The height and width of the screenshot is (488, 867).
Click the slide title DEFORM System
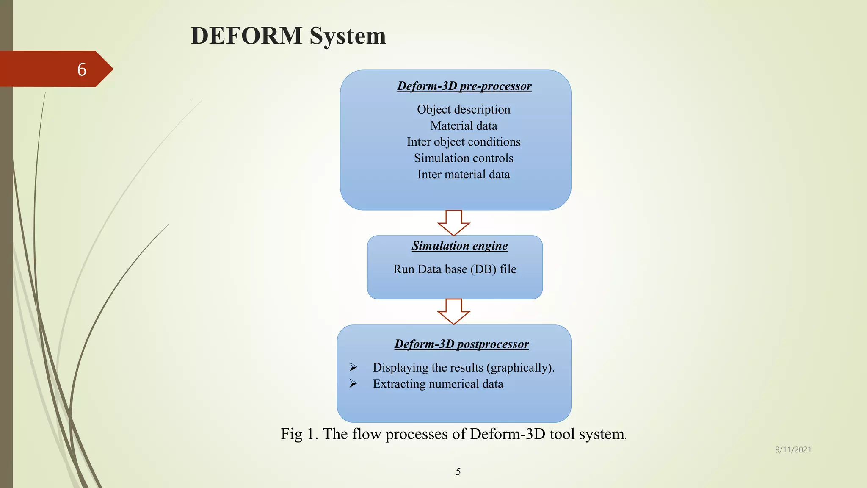pos(288,36)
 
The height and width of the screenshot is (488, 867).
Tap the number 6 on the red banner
pos(82,69)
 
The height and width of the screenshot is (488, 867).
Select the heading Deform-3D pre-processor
pos(464,86)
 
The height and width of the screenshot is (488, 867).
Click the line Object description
pos(464,109)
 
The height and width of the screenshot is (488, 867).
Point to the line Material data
pos(464,126)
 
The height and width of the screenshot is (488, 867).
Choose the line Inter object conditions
pos(464,142)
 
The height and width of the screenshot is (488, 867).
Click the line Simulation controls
pos(464,158)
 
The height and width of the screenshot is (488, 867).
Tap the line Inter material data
pos(464,175)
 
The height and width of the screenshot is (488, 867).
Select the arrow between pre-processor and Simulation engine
pos(454,223)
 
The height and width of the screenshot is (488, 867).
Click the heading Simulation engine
pos(460,246)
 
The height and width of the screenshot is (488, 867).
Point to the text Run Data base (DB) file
pos(455,269)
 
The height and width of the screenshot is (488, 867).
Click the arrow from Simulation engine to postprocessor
pos(454,312)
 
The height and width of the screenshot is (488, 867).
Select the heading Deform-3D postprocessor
pos(461,344)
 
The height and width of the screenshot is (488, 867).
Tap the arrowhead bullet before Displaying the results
pos(353,367)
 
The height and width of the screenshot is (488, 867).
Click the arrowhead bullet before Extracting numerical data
pos(353,383)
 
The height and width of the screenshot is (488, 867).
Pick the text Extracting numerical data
pos(438,384)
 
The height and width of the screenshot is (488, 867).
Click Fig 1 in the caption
pos(298,434)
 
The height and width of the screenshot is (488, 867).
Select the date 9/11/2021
pos(793,450)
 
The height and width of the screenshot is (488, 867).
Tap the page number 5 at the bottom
pos(458,472)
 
